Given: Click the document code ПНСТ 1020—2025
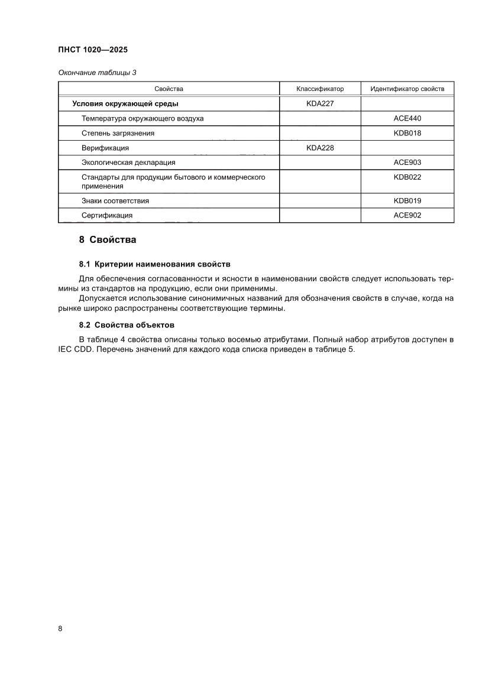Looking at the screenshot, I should click(x=93, y=50).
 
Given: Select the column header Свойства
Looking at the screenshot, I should click(x=169, y=89).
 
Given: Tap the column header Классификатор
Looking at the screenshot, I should click(x=320, y=89).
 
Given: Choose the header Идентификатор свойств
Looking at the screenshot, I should click(x=407, y=89).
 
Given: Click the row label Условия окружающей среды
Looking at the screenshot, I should click(x=125, y=104).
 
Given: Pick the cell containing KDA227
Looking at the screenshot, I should click(x=320, y=104).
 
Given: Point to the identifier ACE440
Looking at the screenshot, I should click(x=407, y=118).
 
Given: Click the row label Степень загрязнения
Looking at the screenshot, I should click(x=118, y=133).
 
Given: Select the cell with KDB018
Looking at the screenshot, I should click(x=407, y=133).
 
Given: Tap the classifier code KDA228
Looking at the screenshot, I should click(x=320, y=148).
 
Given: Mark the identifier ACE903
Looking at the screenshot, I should click(x=407, y=162).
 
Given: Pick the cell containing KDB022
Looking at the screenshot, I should click(x=407, y=177).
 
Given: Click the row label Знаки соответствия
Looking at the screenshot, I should click(x=115, y=201).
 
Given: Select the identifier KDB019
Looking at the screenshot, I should click(x=407, y=201).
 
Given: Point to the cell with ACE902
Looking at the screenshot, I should click(x=407, y=216).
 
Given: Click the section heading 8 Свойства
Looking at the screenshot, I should click(x=108, y=240).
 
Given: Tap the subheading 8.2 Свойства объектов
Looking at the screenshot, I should click(x=127, y=325).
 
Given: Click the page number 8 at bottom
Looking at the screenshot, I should click(x=60, y=628).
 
